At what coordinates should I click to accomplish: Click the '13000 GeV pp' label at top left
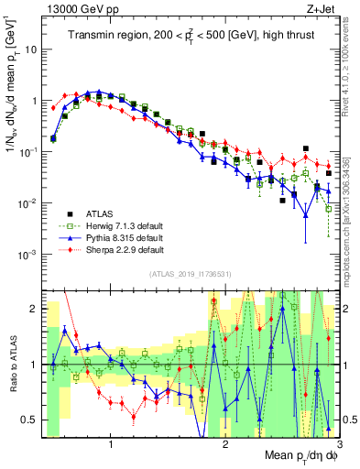pyautogui.click(x=81, y=9)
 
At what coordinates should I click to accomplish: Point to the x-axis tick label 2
pyautogui.click(x=225, y=443)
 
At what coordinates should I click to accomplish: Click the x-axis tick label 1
pyautogui.click(x=111, y=443)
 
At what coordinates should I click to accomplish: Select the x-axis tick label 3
pyautogui.click(x=338, y=443)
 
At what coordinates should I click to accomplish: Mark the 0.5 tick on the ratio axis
pyautogui.click(x=30, y=420)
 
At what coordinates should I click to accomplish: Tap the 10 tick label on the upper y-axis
pyautogui.click(x=30, y=50)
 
